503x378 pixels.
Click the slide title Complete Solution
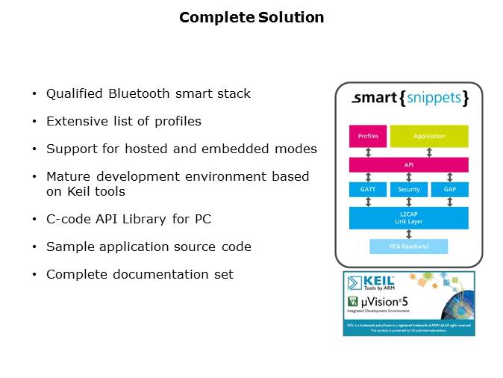click(x=251, y=17)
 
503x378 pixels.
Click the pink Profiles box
click(x=368, y=136)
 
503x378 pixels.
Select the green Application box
click(x=429, y=136)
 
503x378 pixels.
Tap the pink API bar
click(x=409, y=165)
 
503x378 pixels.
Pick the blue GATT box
click(x=368, y=189)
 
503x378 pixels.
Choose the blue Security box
click(x=409, y=189)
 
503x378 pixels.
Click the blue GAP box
click(x=450, y=189)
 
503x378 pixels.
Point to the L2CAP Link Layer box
click(x=409, y=217)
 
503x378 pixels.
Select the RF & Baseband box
click(x=409, y=247)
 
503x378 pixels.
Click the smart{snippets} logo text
click(x=410, y=98)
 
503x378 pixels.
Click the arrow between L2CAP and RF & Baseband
click(x=409, y=234)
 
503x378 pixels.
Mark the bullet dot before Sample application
click(x=34, y=247)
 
